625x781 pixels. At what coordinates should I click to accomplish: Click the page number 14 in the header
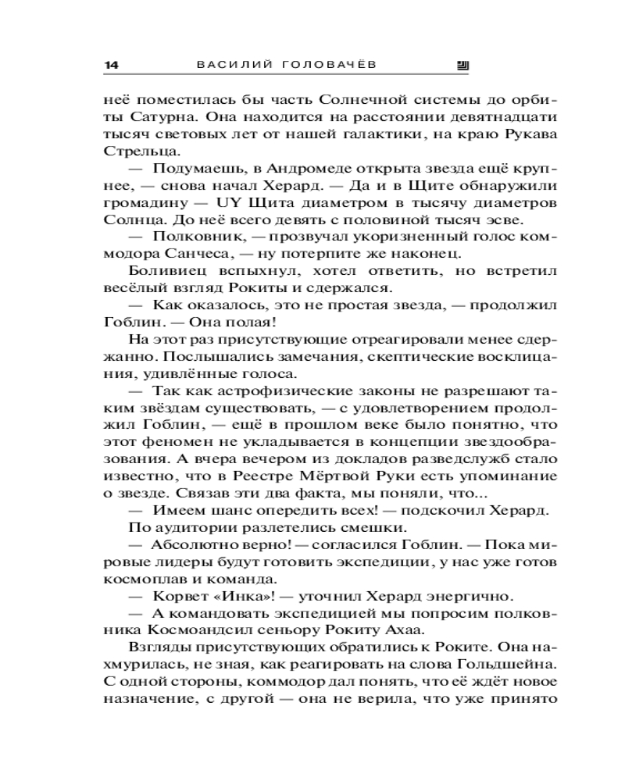coord(110,66)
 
